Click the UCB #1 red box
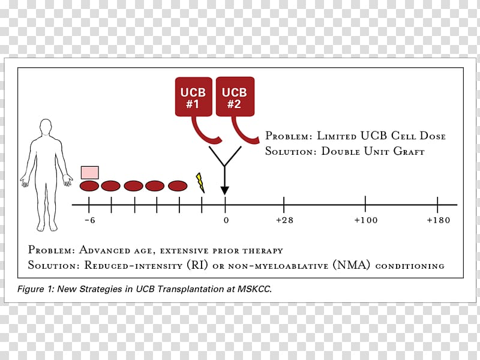(x=193, y=97)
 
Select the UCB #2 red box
(x=235, y=97)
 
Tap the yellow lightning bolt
(x=200, y=182)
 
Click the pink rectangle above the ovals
(x=89, y=172)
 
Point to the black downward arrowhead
(x=224, y=190)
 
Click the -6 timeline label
(x=90, y=220)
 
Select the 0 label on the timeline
(x=226, y=220)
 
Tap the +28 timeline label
(x=284, y=220)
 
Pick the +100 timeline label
(x=366, y=220)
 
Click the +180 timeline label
(x=439, y=220)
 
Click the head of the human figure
(x=46, y=127)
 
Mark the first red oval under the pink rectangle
(x=89, y=186)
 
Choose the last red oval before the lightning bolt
(x=178, y=186)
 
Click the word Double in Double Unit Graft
(x=340, y=151)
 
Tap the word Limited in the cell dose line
(x=337, y=136)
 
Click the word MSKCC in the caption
(x=254, y=289)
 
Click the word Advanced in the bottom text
(x=104, y=250)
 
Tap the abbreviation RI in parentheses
(x=197, y=265)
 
